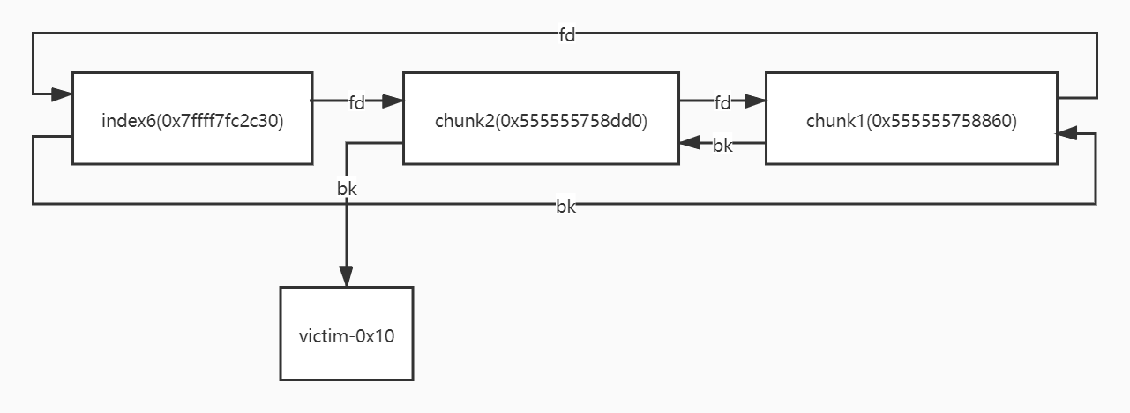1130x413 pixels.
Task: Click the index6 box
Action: click(x=191, y=118)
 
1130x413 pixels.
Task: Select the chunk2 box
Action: click(x=541, y=118)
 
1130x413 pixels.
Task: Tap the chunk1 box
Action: click(x=910, y=118)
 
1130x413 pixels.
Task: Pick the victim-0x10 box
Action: click(x=346, y=334)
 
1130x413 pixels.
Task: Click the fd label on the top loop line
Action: click(x=567, y=35)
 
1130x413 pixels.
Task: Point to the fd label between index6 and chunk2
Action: click(x=356, y=102)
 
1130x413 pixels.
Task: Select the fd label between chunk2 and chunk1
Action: click(x=722, y=102)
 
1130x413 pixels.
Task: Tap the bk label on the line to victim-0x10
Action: click(x=348, y=188)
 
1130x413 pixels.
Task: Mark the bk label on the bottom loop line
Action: click(x=565, y=206)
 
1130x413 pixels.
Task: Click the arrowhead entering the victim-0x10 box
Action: click(x=347, y=277)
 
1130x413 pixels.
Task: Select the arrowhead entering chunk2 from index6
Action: click(x=393, y=101)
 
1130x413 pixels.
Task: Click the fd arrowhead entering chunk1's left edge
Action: click(x=755, y=101)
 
